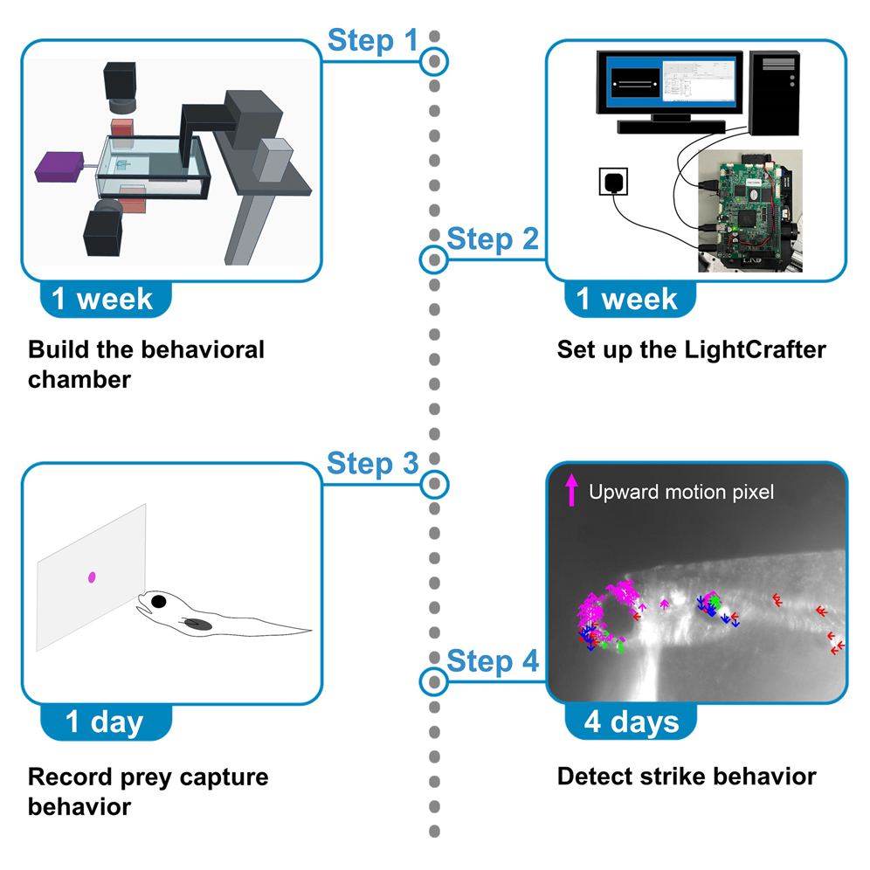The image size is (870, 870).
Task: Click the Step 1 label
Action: point(372,40)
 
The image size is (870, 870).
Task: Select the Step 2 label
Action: point(493,239)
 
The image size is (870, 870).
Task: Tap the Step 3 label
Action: point(372,463)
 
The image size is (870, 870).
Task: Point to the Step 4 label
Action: point(493,661)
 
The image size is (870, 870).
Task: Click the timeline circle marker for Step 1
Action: point(434,62)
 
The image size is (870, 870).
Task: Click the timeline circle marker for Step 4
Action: point(434,680)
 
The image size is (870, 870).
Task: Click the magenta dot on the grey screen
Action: point(92,577)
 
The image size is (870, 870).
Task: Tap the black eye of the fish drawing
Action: point(158,601)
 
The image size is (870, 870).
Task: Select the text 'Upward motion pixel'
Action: point(680,492)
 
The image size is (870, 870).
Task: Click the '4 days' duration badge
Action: point(631,722)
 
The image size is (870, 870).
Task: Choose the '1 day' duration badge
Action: point(105,722)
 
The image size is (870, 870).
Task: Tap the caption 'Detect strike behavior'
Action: point(686,776)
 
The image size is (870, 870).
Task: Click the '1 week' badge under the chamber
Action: point(102,299)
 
